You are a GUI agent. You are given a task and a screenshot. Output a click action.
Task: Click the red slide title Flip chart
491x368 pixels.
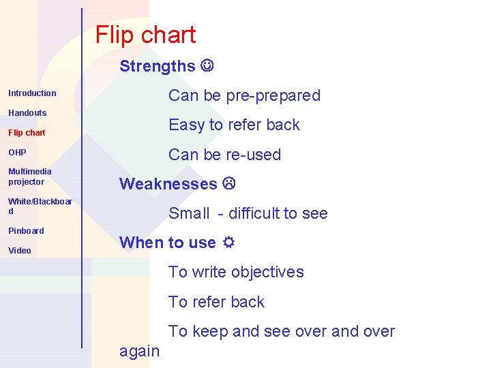pos(145,35)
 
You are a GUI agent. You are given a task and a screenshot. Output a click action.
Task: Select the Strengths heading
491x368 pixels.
pos(158,66)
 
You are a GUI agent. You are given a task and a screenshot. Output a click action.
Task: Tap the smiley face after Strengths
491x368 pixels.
pos(207,66)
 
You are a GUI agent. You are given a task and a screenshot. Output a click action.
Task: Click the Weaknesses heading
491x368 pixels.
pos(168,184)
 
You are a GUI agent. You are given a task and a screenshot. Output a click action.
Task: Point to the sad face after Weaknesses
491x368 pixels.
pos(228,184)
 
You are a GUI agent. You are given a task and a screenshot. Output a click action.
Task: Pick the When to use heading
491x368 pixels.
pos(167,243)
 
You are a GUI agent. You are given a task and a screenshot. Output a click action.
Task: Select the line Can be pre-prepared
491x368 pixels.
pos(244,95)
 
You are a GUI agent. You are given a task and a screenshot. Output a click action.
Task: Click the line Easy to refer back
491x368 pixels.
pos(234,125)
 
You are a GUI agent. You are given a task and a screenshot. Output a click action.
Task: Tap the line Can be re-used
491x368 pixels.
pos(224,155)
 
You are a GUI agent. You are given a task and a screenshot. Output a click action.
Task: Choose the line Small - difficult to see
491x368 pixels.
pos(248,213)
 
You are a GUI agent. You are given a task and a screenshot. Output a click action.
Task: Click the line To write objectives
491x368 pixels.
pos(236,272)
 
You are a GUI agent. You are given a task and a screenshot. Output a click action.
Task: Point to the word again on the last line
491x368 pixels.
pos(139,351)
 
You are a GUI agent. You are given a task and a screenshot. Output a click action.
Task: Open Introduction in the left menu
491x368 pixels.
pos(32,93)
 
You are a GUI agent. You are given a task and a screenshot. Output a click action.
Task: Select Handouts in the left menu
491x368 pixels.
pos(27,113)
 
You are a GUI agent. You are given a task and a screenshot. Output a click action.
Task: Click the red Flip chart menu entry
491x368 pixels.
pos(27,133)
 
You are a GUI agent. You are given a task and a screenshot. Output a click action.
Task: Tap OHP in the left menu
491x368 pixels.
pos(17,153)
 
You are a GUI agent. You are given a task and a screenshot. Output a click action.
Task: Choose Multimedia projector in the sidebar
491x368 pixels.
pos(30,177)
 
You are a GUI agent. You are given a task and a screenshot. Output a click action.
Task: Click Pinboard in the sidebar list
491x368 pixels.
pos(26,231)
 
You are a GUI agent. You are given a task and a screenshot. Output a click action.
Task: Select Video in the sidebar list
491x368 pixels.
pos(20,251)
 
